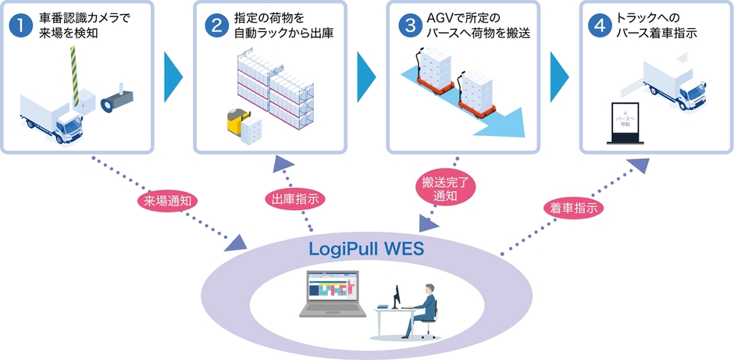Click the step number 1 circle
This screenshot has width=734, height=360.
[20, 26]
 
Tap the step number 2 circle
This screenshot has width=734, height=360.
[214, 26]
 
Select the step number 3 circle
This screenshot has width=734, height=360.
[408, 26]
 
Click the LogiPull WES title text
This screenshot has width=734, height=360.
[367, 251]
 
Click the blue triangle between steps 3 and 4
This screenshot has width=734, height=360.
[560, 77]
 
